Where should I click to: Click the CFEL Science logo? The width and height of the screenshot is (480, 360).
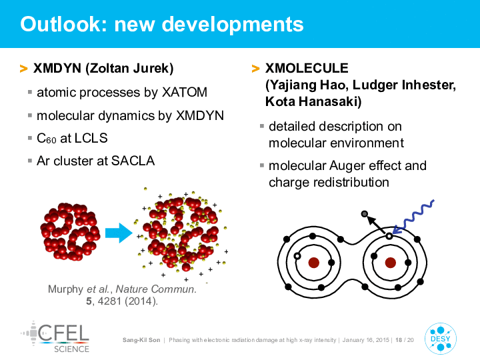[x=55, y=337]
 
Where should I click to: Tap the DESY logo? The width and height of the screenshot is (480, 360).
[x=440, y=339]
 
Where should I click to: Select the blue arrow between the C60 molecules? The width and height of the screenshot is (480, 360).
[x=119, y=233]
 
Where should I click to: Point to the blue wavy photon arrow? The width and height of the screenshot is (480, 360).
[x=413, y=217]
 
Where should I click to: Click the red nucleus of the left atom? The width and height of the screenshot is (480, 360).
[x=314, y=263]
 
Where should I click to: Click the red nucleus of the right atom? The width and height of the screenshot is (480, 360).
[x=390, y=263]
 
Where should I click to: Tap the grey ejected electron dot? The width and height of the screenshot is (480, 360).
[x=364, y=214]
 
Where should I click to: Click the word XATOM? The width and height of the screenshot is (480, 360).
[x=185, y=92]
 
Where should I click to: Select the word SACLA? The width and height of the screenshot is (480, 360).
[x=133, y=161]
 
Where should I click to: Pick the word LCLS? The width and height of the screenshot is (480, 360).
[x=91, y=138]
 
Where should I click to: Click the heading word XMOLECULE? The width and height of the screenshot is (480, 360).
[x=307, y=68]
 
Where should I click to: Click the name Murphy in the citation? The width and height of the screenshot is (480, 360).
[x=65, y=289]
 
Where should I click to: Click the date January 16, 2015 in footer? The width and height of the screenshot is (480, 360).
[x=366, y=340]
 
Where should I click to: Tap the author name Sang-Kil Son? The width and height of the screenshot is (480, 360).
[x=141, y=340]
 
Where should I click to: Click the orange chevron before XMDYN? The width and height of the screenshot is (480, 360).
[x=23, y=69]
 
